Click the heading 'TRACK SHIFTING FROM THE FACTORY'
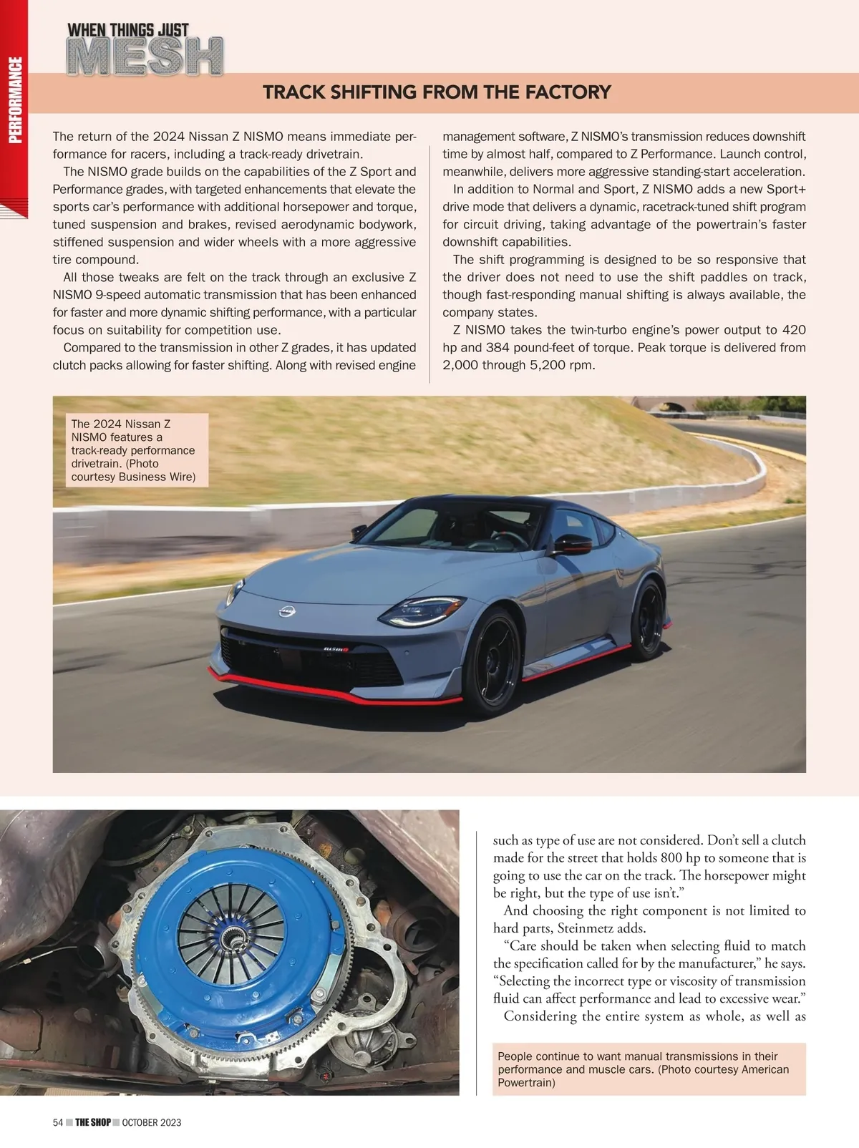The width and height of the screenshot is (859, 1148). [x=437, y=92]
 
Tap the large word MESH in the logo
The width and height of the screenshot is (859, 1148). [x=145, y=57]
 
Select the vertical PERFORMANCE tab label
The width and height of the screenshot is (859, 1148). [x=15, y=99]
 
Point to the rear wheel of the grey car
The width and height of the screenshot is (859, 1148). [x=649, y=619]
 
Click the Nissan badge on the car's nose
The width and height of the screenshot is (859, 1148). [x=287, y=611]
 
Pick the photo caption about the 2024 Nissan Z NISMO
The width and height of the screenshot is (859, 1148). [x=134, y=450]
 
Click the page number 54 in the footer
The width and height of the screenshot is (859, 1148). [x=58, y=1122]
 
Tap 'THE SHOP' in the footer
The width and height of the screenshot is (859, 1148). [x=93, y=1122]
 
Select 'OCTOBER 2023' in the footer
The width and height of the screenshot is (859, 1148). [x=152, y=1122]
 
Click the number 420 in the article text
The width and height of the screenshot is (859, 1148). [x=793, y=330]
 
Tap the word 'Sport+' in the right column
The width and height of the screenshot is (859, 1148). [x=786, y=189]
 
